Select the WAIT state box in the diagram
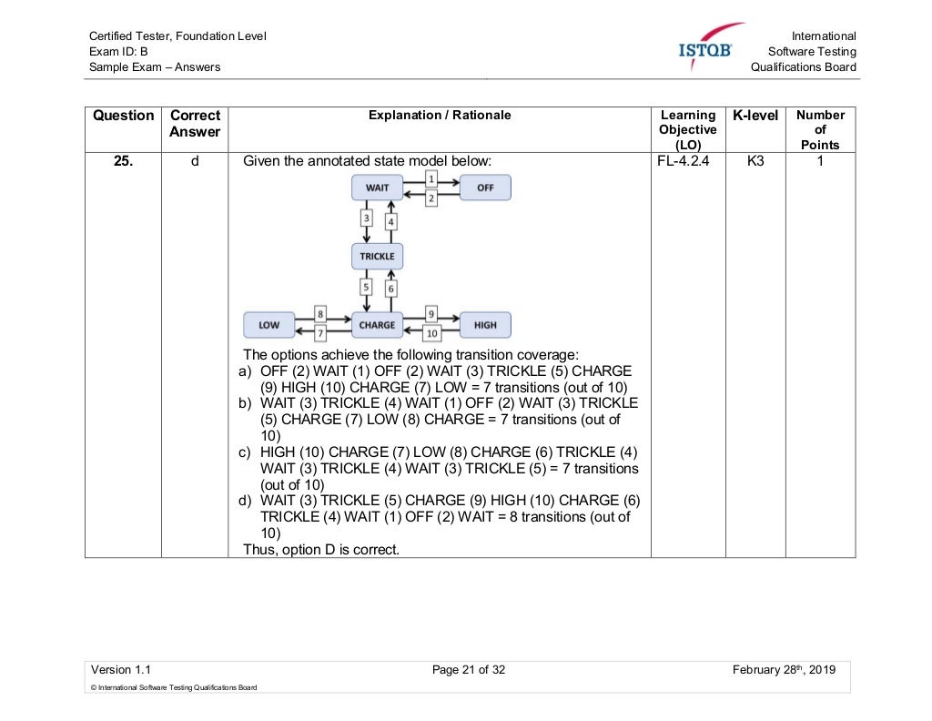(x=377, y=188)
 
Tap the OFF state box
(x=485, y=188)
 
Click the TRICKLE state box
(x=377, y=257)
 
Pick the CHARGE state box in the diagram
(x=377, y=325)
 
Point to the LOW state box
(x=269, y=325)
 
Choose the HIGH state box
(x=485, y=325)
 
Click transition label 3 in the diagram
(x=366, y=218)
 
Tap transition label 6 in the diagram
(x=390, y=289)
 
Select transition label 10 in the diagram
(x=431, y=333)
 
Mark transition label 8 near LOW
(x=320, y=315)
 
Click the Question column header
(x=123, y=116)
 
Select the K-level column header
(x=755, y=116)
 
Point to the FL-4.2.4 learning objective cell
(x=687, y=162)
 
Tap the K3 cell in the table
(x=755, y=162)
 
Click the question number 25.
(x=123, y=162)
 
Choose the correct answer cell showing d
(x=195, y=162)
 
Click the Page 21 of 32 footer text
(x=469, y=670)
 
